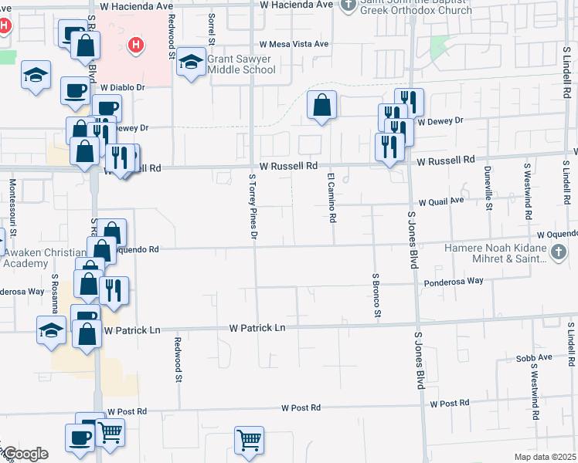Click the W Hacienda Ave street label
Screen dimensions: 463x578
click(x=136, y=5)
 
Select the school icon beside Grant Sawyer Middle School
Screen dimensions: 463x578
click(x=189, y=63)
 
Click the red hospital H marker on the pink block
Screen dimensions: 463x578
click(x=136, y=46)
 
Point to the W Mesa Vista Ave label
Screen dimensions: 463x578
click(x=294, y=45)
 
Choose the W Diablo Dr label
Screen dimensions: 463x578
click(x=122, y=88)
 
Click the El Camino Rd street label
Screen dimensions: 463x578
click(x=331, y=198)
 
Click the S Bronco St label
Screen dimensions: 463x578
click(x=376, y=295)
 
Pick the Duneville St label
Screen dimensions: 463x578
click(x=488, y=188)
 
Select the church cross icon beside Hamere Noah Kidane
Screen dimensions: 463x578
click(x=559, y=252)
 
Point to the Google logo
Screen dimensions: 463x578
click(x=25, y=454)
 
